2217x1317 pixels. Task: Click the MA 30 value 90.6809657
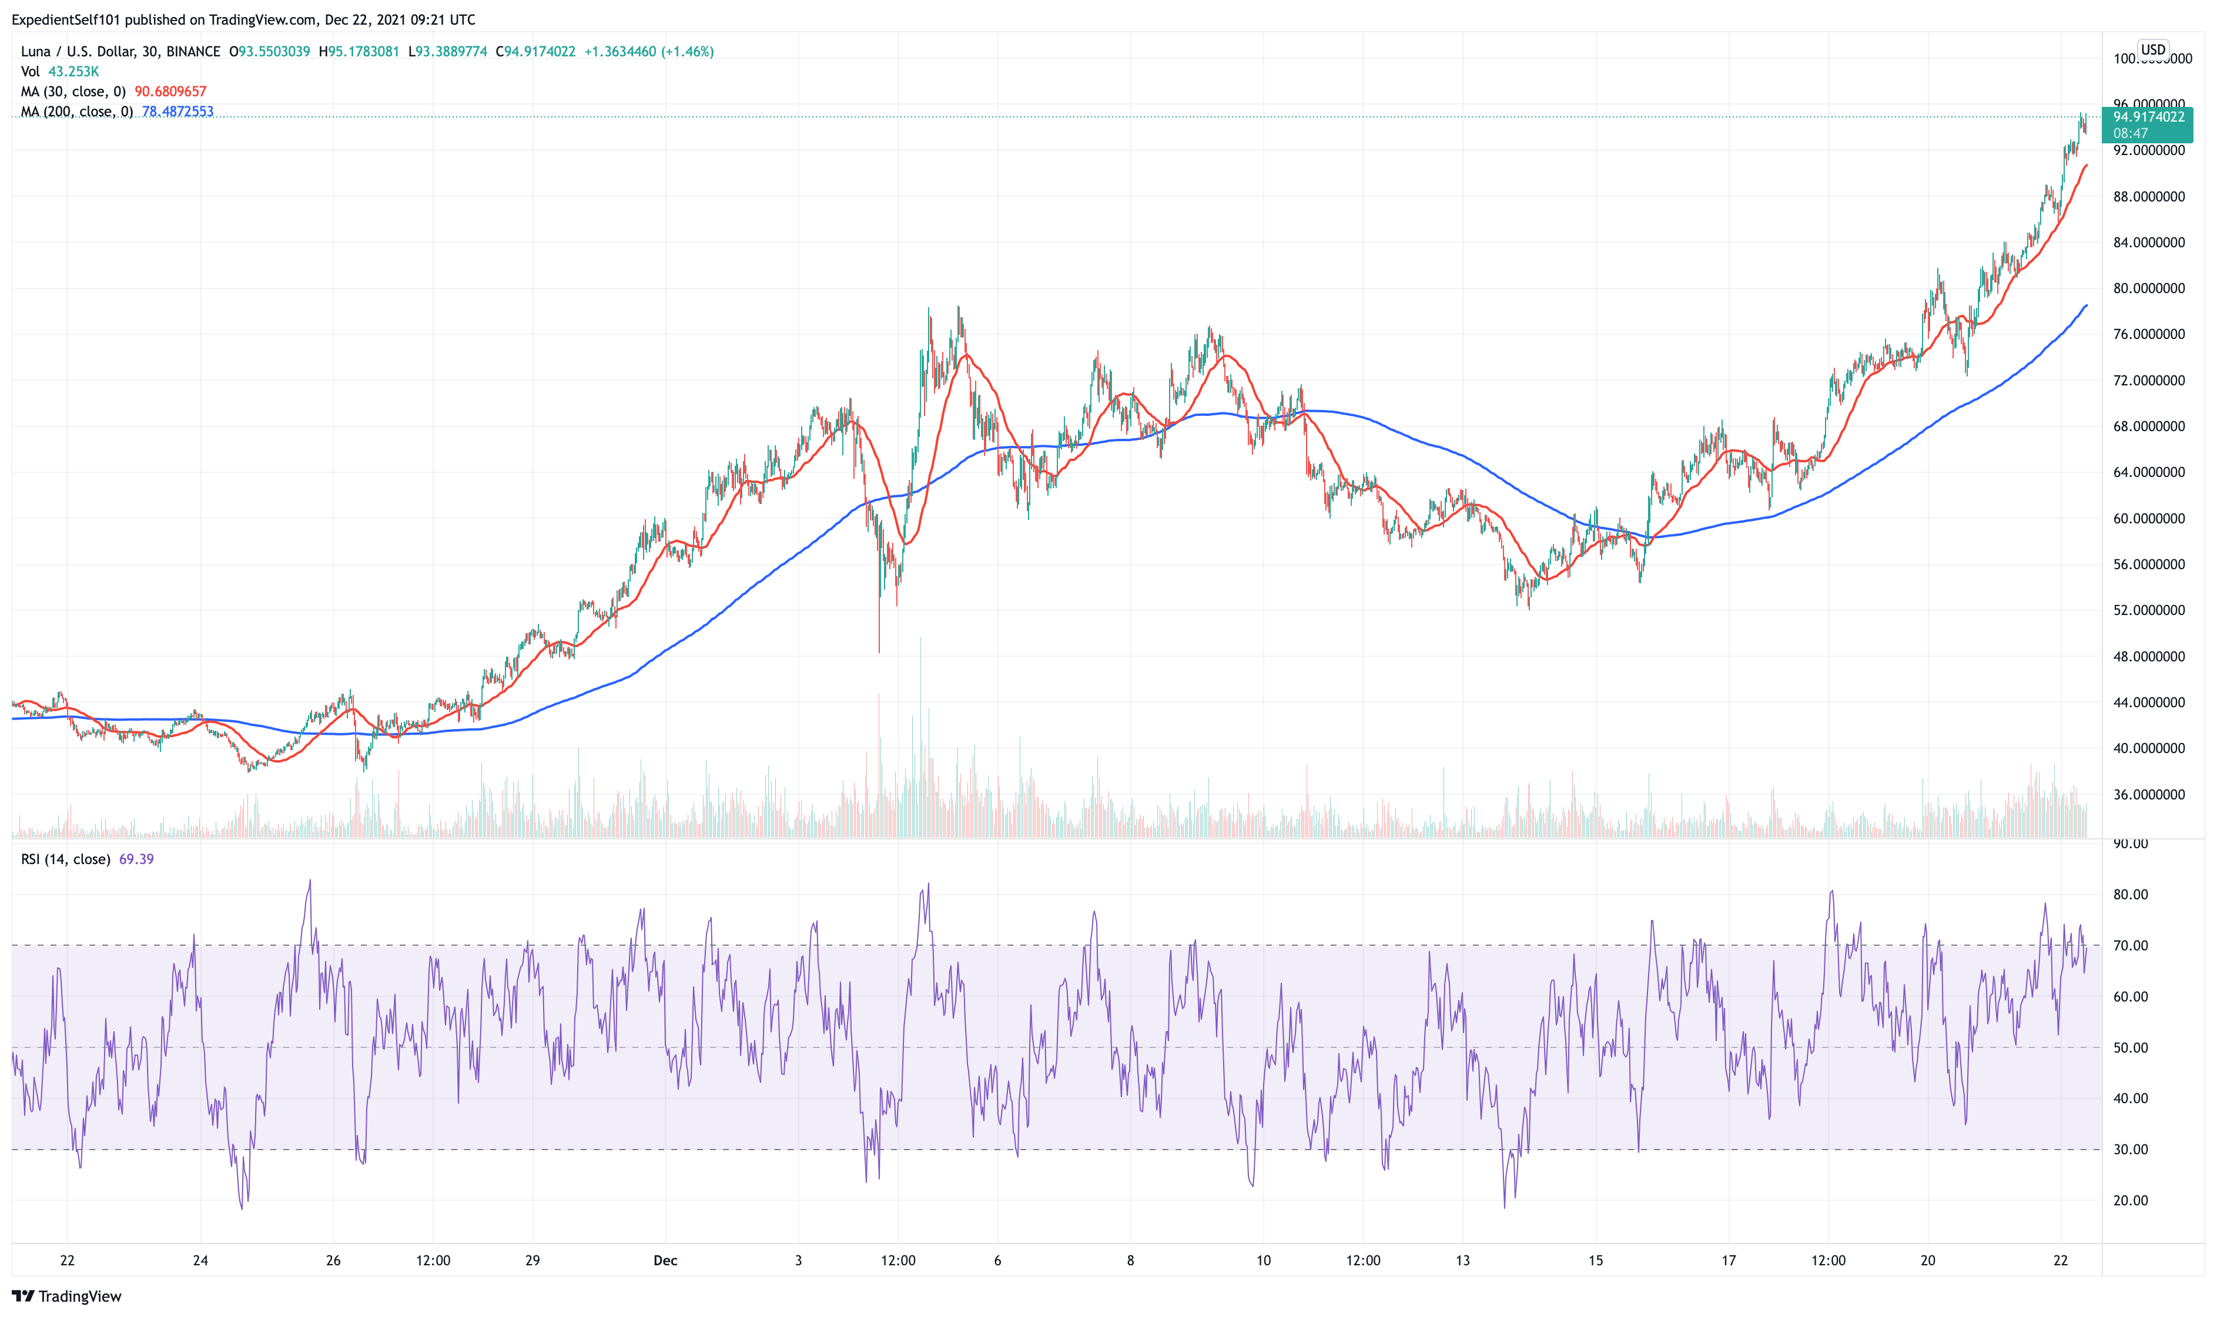coord(170,92)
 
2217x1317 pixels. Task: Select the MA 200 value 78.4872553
coord(177,112)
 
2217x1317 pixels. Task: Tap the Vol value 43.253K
coord(73,71)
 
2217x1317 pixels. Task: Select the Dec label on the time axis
coord(665,1260)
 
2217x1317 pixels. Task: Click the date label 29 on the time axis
coord(533,1260)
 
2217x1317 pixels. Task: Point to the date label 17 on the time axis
coord(1729,1260)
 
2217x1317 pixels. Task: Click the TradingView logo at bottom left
coord(66,1296)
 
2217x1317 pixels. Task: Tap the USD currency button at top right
coord(2152,50)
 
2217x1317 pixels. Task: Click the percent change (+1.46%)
coord(687,52)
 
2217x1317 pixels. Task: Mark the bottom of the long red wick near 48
coord(879,652)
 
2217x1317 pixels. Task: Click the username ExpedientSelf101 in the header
coord(66,19)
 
